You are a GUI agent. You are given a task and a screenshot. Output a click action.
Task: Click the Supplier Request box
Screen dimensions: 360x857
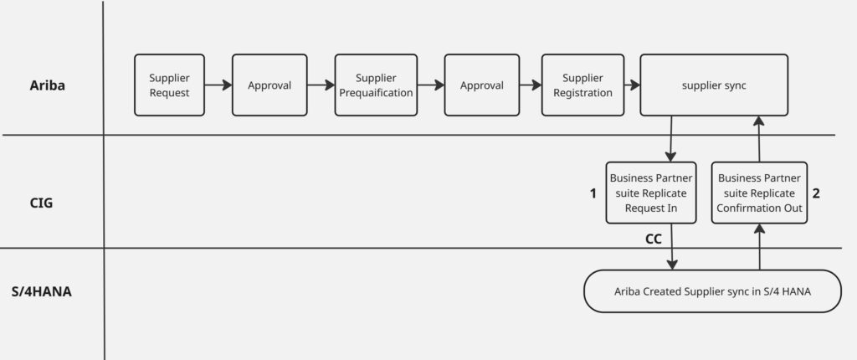(x=170, y=85)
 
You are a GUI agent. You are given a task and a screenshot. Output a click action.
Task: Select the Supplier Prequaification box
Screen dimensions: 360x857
(x=376, y=85)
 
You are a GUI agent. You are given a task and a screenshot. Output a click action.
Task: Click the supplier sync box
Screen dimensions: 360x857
(x=714, y=85)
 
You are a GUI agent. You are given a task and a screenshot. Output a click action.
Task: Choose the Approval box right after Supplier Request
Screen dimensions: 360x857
(x=269, y=85)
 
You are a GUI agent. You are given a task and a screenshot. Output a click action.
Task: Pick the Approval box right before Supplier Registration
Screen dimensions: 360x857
(x=482, y=85)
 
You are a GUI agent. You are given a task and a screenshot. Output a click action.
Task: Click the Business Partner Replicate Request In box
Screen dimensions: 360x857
(x=651, y=193)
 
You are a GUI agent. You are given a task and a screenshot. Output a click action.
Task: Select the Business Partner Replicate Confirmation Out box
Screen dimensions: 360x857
(x=759, y=193)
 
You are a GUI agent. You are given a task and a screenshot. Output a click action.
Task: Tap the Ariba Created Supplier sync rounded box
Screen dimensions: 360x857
(x=711, y=291)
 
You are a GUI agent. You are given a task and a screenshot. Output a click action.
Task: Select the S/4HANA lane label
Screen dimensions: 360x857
(x=41, y=292)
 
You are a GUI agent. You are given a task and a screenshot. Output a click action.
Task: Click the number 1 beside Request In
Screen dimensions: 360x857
(x=593, y=193)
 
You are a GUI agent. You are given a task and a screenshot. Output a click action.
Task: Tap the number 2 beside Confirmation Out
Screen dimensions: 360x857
(x=816, y=193)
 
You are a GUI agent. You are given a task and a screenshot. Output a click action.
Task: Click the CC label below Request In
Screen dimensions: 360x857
(x=654, y=239)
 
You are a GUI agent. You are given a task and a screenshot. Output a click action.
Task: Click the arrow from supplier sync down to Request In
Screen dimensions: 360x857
(x=671, y=138)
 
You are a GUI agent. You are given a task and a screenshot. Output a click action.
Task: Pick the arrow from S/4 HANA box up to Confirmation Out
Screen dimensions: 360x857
(x=759, y=247)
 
